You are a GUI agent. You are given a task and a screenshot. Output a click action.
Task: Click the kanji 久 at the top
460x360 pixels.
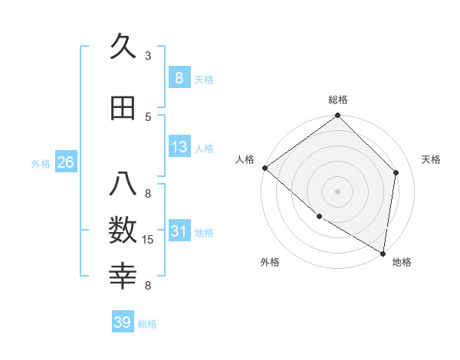(123, 48)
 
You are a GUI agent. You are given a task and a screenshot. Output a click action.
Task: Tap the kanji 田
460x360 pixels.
(123, 109)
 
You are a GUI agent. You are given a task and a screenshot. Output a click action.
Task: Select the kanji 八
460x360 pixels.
(123, 185)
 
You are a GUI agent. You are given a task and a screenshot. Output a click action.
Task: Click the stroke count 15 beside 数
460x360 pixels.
(148, 240)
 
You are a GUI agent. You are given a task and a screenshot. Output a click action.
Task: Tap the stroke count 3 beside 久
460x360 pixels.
(148, 56)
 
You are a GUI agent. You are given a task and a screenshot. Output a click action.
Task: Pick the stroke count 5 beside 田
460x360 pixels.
(148, 116)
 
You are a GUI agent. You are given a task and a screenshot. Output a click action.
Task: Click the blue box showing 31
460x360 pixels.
(179, 231)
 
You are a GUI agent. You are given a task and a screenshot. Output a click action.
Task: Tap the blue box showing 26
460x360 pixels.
(65, 162)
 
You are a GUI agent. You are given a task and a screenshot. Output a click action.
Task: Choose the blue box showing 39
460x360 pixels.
(123, 322)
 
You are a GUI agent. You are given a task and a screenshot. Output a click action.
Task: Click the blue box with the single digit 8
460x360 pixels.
(179, 78)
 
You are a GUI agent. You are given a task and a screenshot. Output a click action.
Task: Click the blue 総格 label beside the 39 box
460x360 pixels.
(148, 324)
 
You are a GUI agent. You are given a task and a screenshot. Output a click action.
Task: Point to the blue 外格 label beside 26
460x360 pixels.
(41, 163)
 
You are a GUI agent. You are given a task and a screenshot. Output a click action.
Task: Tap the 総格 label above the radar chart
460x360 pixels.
(338, 100)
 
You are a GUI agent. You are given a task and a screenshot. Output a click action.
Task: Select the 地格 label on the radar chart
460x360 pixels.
(402, 262)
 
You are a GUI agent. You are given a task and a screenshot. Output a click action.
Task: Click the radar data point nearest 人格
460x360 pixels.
(264, 168)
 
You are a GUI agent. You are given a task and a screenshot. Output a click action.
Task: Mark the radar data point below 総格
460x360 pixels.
(337, 116)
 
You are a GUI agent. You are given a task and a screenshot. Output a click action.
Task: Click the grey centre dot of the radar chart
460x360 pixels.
(337, 191)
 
